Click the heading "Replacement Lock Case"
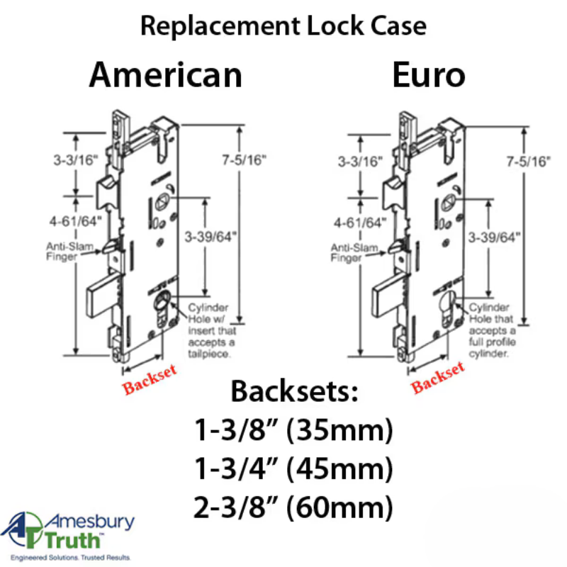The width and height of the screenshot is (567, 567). pyautogui.click(x=283, y=26)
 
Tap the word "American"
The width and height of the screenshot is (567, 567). pyautogui.click(x=165, y=74)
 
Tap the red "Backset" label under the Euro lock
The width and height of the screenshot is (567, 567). pyautogui.click(x=438, y=377)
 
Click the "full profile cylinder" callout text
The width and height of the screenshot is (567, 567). pyautogui.click(x=490, y=343)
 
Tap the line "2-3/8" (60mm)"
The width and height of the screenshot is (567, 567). pyautogui.click(x=293, y=507)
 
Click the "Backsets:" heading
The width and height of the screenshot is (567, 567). pyautogui.click(x=293, y=392)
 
